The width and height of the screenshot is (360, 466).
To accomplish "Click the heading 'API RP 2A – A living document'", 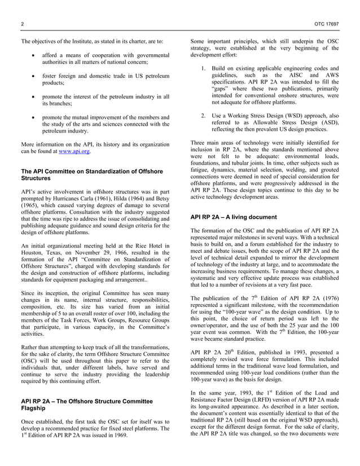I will [x=234, y=217].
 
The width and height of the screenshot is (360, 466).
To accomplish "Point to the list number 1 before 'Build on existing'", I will [x=203, y=68].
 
